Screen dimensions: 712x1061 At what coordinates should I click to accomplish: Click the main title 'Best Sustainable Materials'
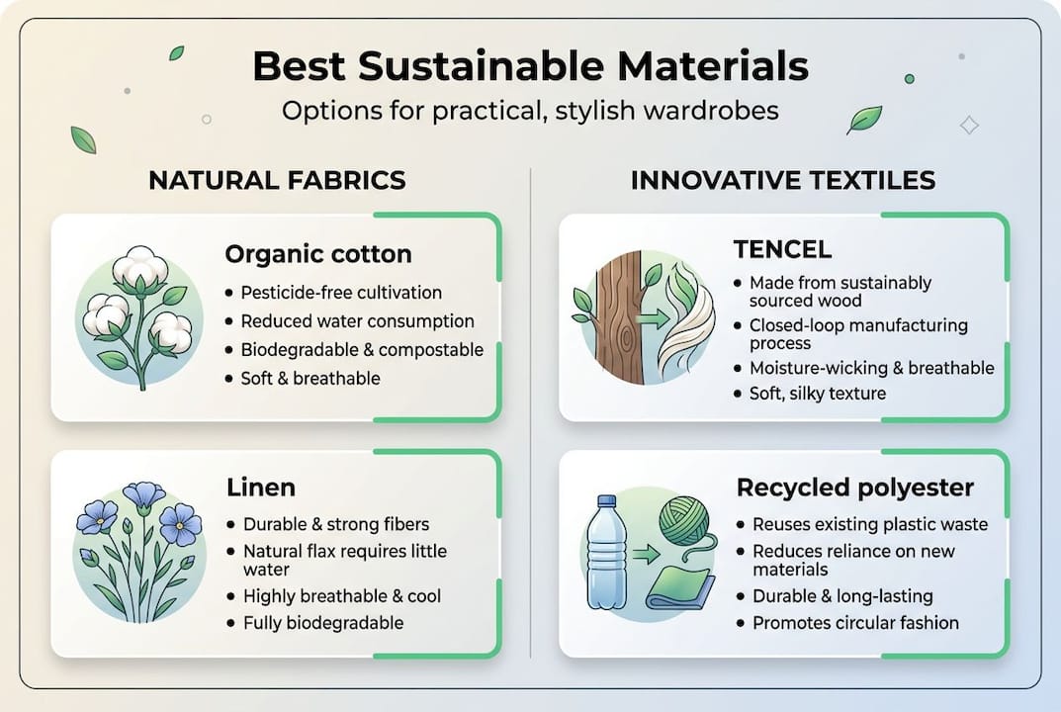point(530,67)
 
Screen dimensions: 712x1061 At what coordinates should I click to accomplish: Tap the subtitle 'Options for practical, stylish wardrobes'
point(530,110)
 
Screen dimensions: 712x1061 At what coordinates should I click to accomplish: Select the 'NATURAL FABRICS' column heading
point(277,180)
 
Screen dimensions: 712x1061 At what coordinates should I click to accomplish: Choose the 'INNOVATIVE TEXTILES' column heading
point(783,180)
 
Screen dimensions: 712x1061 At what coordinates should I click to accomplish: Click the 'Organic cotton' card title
point(318,254)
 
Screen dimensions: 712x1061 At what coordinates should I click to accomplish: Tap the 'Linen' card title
point(261,488)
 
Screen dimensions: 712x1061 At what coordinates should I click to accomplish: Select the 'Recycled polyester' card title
point(855,488)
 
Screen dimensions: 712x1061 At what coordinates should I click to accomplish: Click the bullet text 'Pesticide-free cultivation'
point(341,293)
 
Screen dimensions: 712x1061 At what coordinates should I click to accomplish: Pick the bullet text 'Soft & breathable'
point(310,379)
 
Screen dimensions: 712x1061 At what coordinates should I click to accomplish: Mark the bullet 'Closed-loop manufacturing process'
point(858,334)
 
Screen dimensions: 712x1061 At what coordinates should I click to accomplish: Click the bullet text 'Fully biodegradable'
point(323,623)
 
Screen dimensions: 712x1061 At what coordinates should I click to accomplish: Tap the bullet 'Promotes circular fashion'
point(855,623)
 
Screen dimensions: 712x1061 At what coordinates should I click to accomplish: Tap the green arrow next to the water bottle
point(645,556)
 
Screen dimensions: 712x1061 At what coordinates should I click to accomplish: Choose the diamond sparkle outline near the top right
point(969,125)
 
